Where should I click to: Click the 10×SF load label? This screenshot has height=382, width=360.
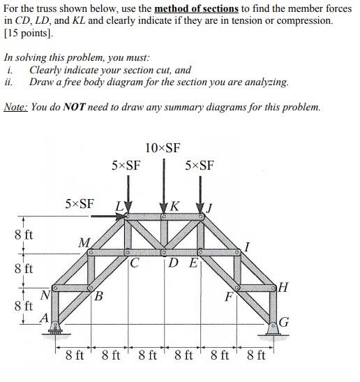163,147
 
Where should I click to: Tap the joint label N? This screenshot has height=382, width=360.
44,296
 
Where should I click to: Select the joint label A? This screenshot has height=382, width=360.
44,316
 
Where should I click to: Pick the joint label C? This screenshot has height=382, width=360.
136,263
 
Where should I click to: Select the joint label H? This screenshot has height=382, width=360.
284,286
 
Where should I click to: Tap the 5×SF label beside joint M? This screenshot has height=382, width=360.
79,204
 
